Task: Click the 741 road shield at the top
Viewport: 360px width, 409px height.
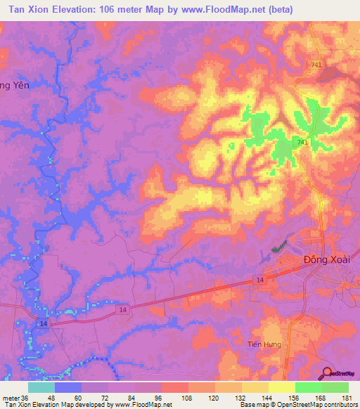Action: pos(319,65)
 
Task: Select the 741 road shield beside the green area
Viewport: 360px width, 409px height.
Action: pos(303,143)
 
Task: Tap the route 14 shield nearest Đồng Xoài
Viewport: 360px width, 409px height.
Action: pos(259,280)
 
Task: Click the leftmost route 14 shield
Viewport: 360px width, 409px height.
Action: pos(44,323)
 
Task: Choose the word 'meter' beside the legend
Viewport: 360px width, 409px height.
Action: pos(10,398)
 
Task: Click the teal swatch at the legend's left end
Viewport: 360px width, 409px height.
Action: pos(41,387)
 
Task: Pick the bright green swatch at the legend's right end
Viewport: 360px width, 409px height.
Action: pos(335,387)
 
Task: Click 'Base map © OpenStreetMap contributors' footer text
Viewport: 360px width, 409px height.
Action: pos(298,405)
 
